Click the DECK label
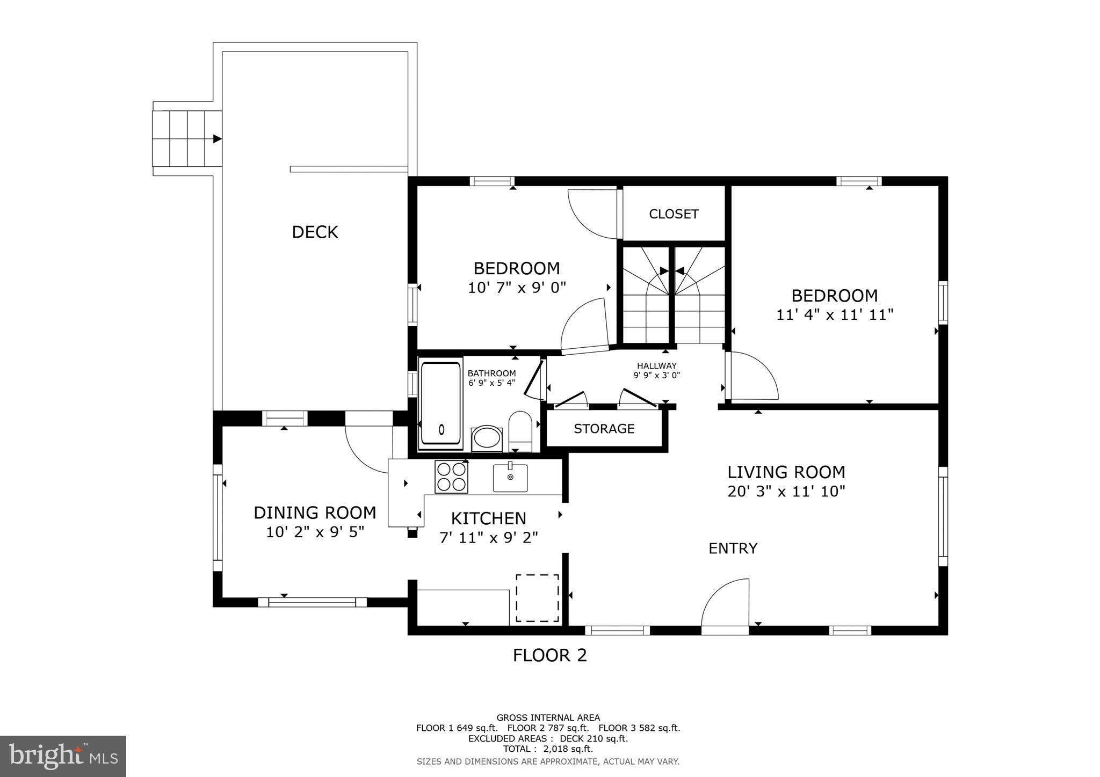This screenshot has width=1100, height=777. point(315,232)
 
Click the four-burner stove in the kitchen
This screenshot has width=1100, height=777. point(451,477)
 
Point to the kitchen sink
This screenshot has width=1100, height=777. point(510,478)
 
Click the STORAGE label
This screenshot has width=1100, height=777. point(604,429)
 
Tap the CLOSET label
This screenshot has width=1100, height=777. point(674,214)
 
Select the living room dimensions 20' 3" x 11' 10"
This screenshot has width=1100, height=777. point(786,492)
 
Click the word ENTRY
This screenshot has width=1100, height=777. point(733,548)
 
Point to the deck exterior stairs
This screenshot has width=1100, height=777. point(187,138)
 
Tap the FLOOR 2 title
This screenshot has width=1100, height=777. point(549,655)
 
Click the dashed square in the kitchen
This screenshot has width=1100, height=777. point(537,598)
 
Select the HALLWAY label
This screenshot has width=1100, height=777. point(656,366)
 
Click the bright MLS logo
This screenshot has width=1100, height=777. point(63,756)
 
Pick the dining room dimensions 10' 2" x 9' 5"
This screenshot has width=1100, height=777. point(315,533)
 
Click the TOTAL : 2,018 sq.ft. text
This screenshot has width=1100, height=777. point(548,749)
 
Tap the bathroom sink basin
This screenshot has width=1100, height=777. point(487,438)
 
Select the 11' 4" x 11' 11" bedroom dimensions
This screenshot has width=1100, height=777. point(834,315)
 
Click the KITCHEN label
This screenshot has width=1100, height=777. point(488,519)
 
